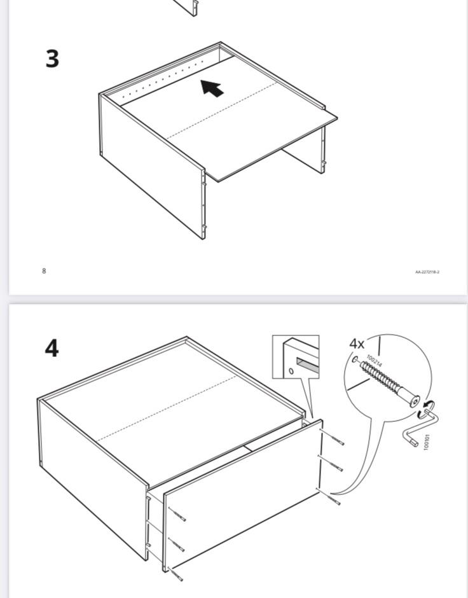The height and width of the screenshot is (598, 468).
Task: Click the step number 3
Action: pyautogui.click(x=52, y=59)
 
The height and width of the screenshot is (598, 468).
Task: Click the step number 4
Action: pyautogui.click(x=52, y=348)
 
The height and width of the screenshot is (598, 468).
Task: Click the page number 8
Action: pyautogui.click(x=44, y=271)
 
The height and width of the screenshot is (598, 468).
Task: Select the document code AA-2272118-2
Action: pyautogui.click(x=427, y=272)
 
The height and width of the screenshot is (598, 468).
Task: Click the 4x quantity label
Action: pyautogui.click(x=357, y=344)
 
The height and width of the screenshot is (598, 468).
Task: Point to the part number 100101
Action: pyautogui.click(x=427, y=442)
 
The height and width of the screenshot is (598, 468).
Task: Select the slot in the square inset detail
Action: pyautogui.click(x=304, y=365)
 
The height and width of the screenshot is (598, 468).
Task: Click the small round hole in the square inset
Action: pyautogui.click(x=291, y=371)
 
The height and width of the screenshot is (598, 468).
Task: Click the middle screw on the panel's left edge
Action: pyautogui.click(x=176, y=545)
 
